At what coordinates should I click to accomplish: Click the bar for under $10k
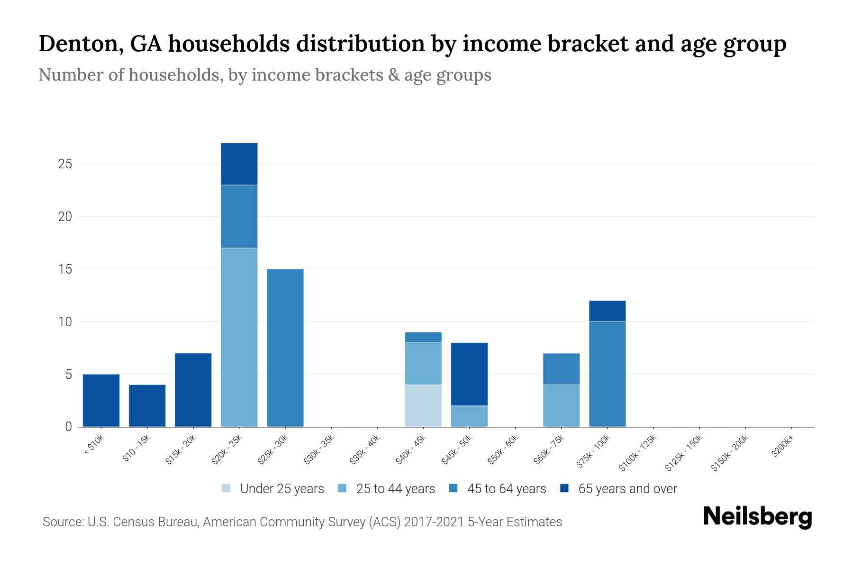[x=101, y=401]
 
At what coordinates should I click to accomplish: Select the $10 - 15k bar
[x=147, y=406]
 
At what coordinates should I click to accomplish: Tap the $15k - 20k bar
[x=193, y=390]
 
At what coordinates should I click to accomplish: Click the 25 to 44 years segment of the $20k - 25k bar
[x=239, y=337]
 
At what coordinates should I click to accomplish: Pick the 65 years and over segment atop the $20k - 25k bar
[x=239, y=164]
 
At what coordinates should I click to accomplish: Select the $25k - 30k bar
[x=285, y=348]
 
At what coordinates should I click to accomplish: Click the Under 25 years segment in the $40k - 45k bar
[x=423, y=406]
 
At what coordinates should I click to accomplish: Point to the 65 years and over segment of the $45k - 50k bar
[x=469, y=374]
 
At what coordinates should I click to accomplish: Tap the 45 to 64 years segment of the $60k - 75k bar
[x=561, y=369]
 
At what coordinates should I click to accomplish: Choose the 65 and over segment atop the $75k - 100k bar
[x=607, y=311]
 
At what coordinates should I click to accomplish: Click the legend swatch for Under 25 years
[x=227, y=488]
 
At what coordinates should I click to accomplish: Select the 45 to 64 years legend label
[x=507, y=489]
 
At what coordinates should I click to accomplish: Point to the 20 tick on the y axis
[x=65, y=217]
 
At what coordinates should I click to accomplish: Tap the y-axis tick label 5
[x=68, y=375]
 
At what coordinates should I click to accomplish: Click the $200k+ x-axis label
[x=782, y=449]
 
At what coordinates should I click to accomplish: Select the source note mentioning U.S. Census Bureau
[x=302, y=522]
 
